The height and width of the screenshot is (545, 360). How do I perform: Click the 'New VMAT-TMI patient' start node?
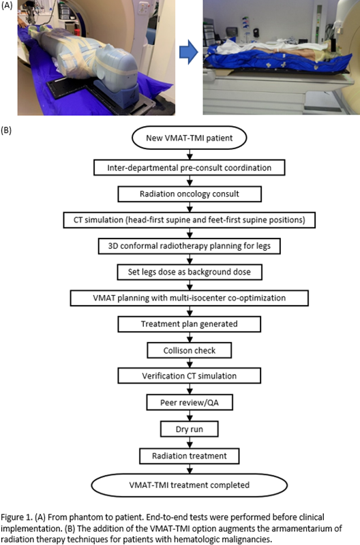pos(190,138)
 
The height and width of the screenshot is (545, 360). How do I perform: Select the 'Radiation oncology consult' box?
pos(190,194)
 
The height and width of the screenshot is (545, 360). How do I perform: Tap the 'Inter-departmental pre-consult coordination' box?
pos(190,168)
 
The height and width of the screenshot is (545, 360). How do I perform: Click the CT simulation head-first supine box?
pos(190,220)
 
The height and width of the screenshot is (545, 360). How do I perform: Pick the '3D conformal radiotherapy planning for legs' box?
pos(190,246)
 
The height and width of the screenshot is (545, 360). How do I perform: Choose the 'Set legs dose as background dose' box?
pos(190,272)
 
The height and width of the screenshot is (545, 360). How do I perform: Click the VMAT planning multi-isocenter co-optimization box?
pos(190,298)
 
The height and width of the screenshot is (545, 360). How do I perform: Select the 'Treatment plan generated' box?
pos(190,324)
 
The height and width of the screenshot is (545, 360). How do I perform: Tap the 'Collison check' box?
pos(190,350)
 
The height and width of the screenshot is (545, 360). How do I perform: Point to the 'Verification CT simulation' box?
pos(190,376)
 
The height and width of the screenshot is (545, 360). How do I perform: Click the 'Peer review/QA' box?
pos(190,403)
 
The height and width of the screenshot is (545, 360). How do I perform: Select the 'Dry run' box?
pos(190,429)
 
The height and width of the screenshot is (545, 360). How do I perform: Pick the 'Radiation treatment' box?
pos(190,456)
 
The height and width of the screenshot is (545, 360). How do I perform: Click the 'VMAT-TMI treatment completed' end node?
pos(190,485)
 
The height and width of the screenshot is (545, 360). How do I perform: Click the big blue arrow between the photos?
pos(189,52)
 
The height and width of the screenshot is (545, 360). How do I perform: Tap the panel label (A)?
pos(7,5)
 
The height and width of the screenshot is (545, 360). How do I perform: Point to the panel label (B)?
pos(7,130)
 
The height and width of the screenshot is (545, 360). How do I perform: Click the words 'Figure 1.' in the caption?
pos(16,517)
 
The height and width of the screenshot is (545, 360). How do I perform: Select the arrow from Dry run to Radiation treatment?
pos(190,442)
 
